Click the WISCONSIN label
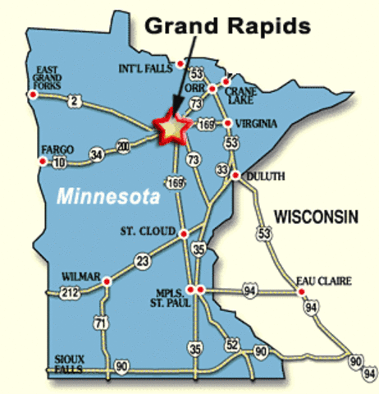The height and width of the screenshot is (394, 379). coord(316,217)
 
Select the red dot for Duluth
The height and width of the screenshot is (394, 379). coord(235,176)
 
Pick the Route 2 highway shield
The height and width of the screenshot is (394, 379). coord(75,101)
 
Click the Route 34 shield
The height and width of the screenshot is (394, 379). coord(96,153)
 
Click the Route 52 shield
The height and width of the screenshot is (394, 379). coord(232,344)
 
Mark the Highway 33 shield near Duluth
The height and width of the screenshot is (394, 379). coord(221,170)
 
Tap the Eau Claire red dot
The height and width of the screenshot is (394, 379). coord(300,291)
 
